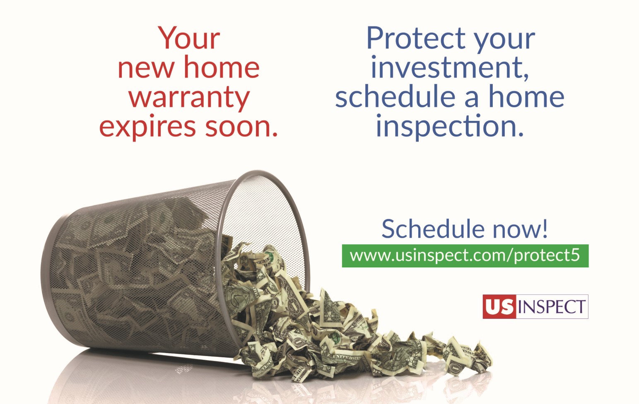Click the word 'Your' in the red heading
pos(189,39)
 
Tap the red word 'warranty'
pos(189,98)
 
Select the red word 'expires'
pos(147,127)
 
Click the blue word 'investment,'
pos(450,67)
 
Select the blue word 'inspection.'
pos(450,126)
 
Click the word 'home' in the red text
pos(222,67)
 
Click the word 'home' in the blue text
pos(526,97)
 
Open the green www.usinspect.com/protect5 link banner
pos(465,255)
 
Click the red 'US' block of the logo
pos(499,307)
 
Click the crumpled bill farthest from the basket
pos(476,356)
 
